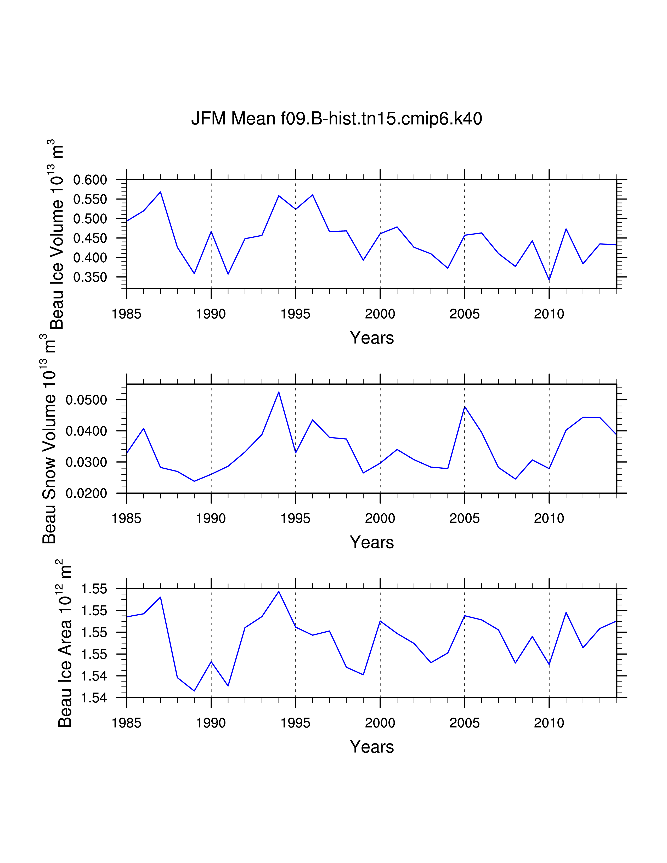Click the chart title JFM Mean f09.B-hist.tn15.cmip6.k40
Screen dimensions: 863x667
(336, 118)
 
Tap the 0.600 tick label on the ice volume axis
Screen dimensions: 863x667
(90, 180)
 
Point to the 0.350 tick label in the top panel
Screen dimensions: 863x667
(90, 277)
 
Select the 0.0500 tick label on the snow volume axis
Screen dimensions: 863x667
(86, 400)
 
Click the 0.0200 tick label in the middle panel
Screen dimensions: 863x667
(86, 493)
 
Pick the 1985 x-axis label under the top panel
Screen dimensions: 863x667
(126, 314)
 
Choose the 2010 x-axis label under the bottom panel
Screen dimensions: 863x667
(549, 723)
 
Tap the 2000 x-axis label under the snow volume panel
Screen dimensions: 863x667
(380, 518)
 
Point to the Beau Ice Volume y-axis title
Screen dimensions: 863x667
(56, 235)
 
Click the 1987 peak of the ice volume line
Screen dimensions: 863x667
(160, 192)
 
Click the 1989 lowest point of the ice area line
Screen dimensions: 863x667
(194, 691)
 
